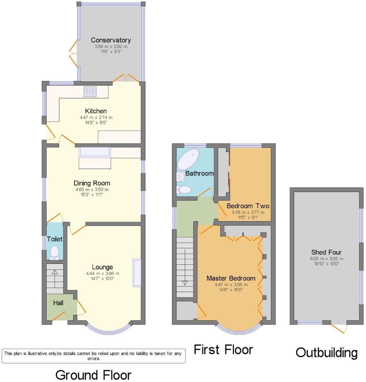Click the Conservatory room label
[111, 40]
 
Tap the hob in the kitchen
[90, 92]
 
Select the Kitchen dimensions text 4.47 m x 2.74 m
[96, 117]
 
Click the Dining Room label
[92, 183]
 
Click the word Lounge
[102, 267]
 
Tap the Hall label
[58, 303]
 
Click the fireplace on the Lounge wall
[137, 273]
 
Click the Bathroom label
[199, 173]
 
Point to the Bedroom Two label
[248, 206]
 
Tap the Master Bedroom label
[231, 278]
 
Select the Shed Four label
[327, 252]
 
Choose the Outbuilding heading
[327, 353]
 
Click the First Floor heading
[223, 350]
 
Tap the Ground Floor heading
[93, 375]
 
